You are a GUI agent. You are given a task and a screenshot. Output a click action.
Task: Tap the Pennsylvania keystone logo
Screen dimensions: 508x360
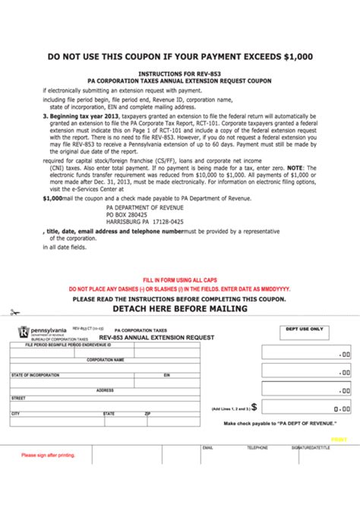pos(24,331)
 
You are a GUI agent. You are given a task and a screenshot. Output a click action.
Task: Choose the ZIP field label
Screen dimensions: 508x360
pos(147,414)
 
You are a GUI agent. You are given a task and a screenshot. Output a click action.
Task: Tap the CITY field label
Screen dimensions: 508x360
pos(15,414)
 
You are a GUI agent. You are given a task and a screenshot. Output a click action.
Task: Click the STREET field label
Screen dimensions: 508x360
pos(18,398)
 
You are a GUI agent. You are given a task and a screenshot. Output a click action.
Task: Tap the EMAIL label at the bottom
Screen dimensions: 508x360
pos(207,448)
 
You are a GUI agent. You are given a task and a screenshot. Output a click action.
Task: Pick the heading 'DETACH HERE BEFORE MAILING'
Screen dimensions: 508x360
pos(180,309)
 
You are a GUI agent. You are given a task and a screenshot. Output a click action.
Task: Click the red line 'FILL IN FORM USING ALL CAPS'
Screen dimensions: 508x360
pos(180,280)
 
